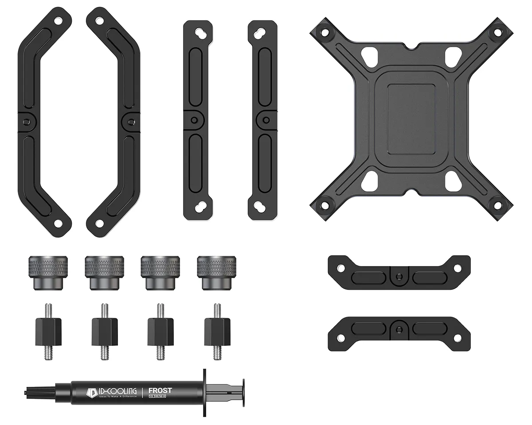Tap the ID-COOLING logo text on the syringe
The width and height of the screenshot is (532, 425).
(x=116, y=391)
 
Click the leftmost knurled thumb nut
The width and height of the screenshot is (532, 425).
(x=48, y=273)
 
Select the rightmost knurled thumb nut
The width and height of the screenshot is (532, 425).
(x=216, y=273)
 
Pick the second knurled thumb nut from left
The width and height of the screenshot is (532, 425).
(x=104, y=273)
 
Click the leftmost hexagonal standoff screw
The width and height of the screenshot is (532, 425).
(x=48, y=332)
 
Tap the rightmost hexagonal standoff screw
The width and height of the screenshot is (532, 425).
(x=217, y=332)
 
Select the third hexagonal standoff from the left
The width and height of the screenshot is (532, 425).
(x=160, y=332)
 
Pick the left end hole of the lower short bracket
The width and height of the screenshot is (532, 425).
(x=341, y=338)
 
